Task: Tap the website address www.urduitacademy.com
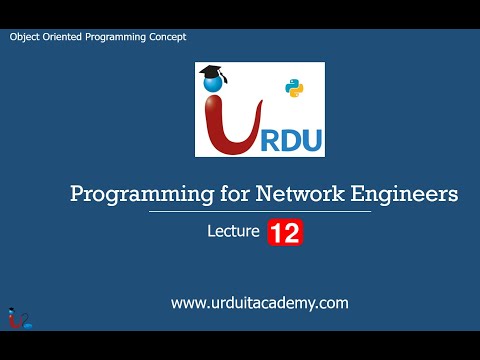259,302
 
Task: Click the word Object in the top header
27,37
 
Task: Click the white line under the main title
260,212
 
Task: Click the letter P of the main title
77,193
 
